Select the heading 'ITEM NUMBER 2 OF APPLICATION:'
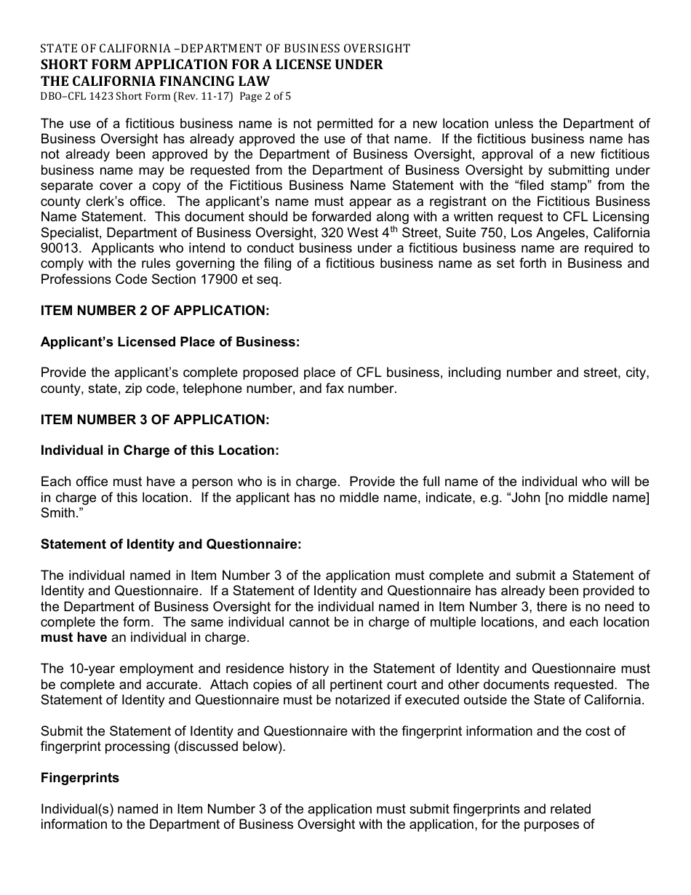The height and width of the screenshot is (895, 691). (x=155, y=311)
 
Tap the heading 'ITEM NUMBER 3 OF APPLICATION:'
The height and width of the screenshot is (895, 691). (x=155, y=420)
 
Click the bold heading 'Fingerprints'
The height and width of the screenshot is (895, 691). (x=80, y=778)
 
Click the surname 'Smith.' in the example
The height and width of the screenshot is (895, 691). (x=58, y=513)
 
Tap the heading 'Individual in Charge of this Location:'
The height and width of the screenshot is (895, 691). (x=160, y=450)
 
